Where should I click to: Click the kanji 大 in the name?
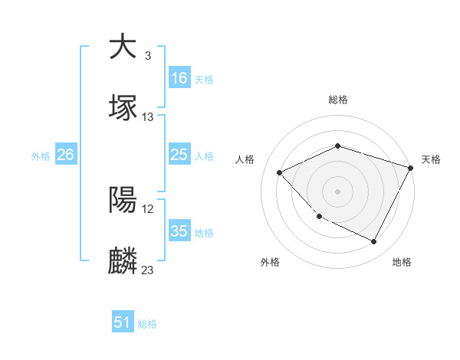(x=123, y=47)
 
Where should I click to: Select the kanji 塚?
(x=123, y=108)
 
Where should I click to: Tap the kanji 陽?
(x=123, y=200)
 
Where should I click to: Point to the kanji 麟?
(x=123, y=261)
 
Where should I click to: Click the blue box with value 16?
(x=179, y=77)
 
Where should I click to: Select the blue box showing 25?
(x=179, y=155)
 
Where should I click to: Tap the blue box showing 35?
(x=179, y=231)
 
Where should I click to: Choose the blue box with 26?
(x=66, y=155)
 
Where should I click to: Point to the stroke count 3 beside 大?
(x=147, y=56)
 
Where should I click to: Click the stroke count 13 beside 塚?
(x=148, y=117)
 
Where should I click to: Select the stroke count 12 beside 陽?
(x=148, y=209)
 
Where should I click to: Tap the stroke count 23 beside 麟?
(x=148, y=270)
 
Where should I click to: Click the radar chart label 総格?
(x=338, y=100)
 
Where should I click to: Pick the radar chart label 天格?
(x=431, y=159)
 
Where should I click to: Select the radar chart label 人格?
(x=245, y=159)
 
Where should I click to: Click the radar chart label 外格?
(x=270, y=262)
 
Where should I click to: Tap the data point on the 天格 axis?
(x=412, y=168)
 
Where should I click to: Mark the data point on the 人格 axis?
(x=280, y=173)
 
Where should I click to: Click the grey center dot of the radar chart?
(x=338, y=191)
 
